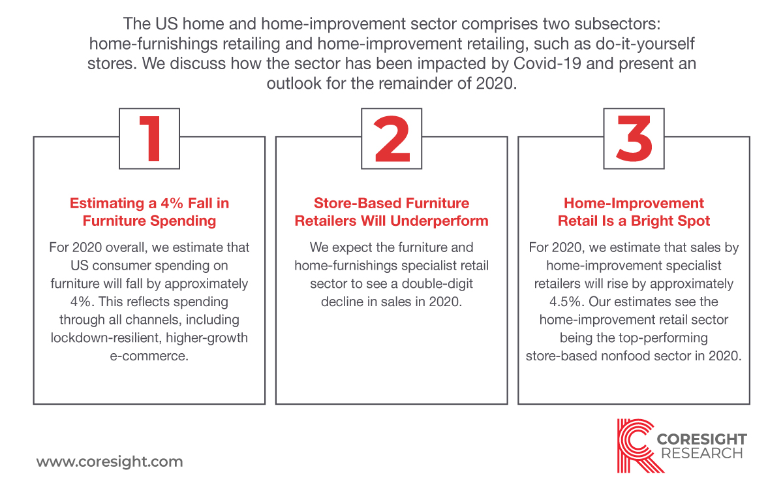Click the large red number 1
[151, 139]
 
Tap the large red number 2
[392, 139]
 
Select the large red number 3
[634, 139]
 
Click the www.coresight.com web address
[110, 462]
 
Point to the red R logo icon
[636, 446]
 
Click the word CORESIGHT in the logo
[702, 439]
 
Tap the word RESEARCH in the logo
[702, 454]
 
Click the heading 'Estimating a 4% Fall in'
[149, 203]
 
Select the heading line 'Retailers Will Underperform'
[391, 221]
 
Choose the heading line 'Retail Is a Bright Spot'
[634, 221]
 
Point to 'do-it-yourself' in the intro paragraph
[645, 44]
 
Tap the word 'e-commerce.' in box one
[149, 356]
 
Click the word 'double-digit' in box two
[437, 283]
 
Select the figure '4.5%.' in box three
[566, 302]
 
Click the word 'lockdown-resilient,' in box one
[106, 338]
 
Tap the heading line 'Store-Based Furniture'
[391, 203]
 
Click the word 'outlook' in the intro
[294, 84]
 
